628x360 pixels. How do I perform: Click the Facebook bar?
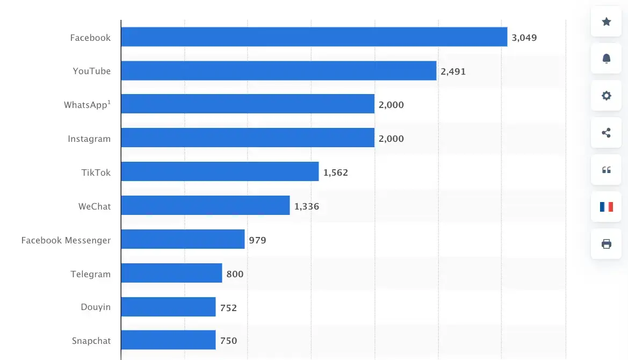tap(314, 37)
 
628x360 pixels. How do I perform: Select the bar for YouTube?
tap(278, 71)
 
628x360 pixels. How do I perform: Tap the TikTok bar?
tap(220, 172)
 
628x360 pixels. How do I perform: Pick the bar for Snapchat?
tap(168, 340)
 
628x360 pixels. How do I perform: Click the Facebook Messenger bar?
tap(183, 240)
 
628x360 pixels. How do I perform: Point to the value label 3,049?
tap(524, 38)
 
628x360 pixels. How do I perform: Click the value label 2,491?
tap(453, 71)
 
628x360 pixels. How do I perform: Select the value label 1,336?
tap(306, 206)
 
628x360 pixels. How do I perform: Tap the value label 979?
tap(257, 240)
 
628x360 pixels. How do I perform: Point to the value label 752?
tap(228, 308)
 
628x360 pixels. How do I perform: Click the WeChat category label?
tap(95, 206)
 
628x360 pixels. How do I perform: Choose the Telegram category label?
tap(90, 274)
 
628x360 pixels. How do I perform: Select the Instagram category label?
tap(89, 139)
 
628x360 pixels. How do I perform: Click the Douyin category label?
tap(96, 307)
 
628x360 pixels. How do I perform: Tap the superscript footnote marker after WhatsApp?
tap(109, 102)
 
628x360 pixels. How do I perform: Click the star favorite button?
tap(607, 21)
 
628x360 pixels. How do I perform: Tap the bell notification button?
tap(607, 59)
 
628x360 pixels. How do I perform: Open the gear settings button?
tap(607, 96)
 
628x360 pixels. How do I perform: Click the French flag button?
tap(607, 206)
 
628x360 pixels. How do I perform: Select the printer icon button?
tap(607, 244)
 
